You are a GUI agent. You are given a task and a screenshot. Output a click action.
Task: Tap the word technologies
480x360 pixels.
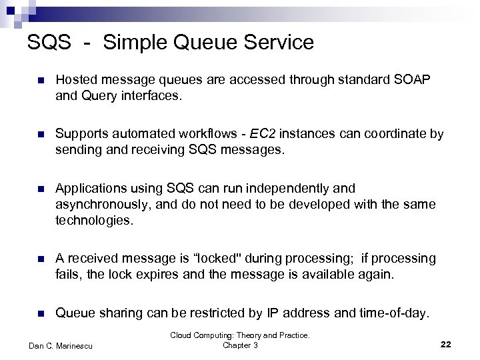pyautogui.click(x=94, y=221)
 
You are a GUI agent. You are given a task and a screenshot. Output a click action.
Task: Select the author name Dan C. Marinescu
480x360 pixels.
pyautogui.click(x=61, y=345)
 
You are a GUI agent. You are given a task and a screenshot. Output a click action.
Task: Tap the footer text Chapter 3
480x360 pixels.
pyautogui.click(x=240, y=345)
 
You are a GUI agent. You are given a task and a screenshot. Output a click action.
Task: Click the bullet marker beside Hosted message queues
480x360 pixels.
pyautogui.click(x=40, y=81)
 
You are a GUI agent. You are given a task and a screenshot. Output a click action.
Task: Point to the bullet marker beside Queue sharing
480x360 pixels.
pyautogui.click(x=40, y=313)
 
